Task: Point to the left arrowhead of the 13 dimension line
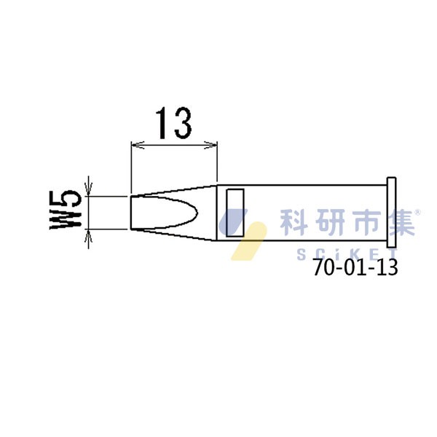[x=133, y=146]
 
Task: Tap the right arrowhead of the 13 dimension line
[x=214, y=146]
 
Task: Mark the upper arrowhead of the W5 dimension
[x=89, y=192]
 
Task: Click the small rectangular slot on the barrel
[x=235, y=213]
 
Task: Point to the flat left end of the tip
[x=131, y=213]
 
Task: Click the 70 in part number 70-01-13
[x=323, y=268]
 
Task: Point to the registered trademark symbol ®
[x=417, y=212]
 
